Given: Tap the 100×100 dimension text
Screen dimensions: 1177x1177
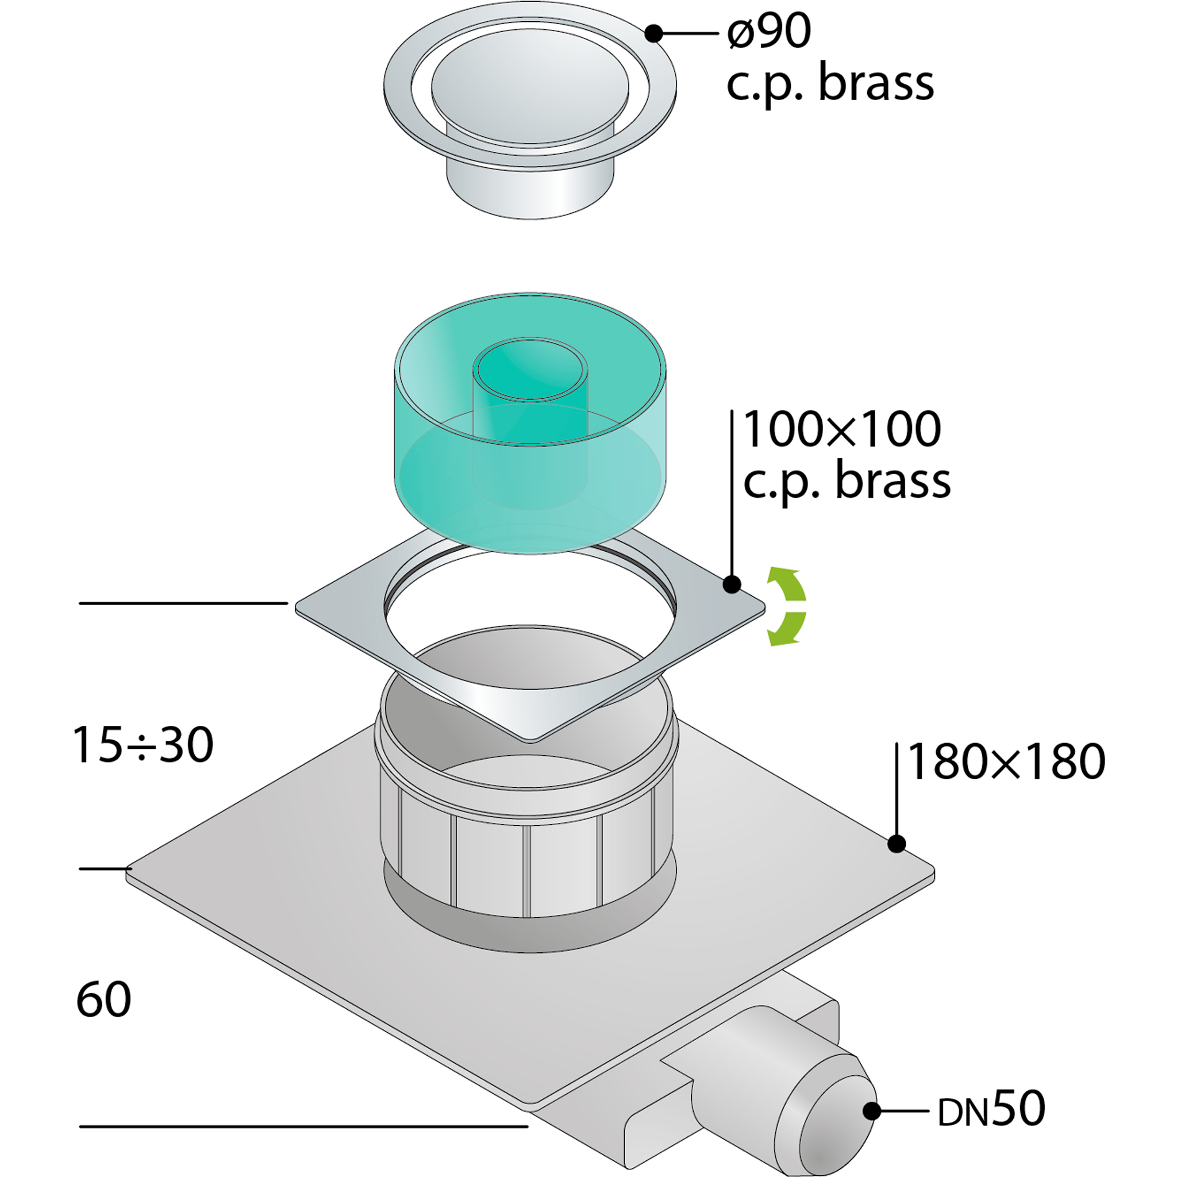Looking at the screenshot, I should [842, 429].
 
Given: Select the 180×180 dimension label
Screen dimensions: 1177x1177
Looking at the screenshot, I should [1006, 761].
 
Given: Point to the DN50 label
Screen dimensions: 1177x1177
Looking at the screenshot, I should [991, 1109].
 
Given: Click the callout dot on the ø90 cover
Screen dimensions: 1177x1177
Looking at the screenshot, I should [653, 33].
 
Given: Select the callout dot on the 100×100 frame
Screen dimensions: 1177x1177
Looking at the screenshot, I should [732, 584].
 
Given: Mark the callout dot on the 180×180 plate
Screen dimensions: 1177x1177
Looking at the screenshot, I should [896, 844].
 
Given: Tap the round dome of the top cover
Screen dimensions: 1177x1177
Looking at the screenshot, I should [529, 85].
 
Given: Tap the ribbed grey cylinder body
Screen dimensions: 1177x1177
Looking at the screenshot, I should [528, 865].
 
